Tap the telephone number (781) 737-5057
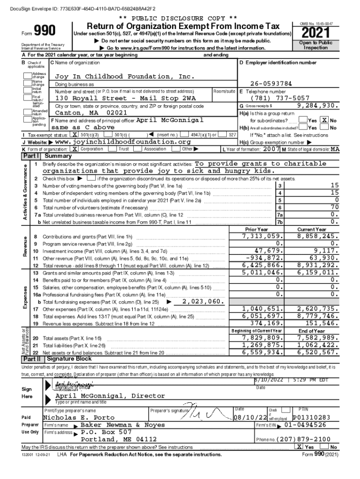click(x=280, y=98)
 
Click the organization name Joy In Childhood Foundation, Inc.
click(x=124, y=76)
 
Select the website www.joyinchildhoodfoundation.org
click(x=123, y=142)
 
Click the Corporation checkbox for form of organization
click(x=75, y=149)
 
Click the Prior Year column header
click(x=257, y=229)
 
